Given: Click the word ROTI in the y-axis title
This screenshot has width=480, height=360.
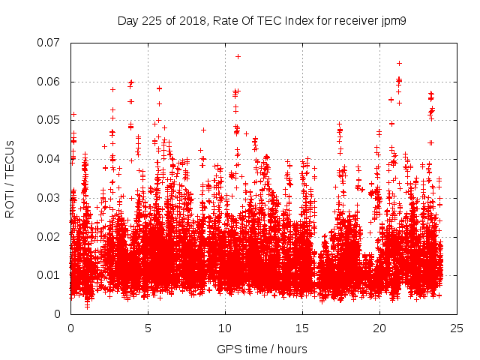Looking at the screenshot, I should [10, 203].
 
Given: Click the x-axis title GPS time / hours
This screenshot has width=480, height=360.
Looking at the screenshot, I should [262, 349].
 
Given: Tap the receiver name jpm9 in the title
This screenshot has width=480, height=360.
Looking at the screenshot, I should [394, 20].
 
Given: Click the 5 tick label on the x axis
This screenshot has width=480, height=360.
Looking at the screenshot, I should [148, 328].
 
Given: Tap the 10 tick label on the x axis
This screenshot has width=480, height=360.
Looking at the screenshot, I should [225, 328].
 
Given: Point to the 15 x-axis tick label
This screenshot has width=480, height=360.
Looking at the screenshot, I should [302, 328].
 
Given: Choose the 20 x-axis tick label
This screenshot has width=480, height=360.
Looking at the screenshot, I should [379, 328].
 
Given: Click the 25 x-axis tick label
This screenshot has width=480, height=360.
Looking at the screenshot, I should [457, 328].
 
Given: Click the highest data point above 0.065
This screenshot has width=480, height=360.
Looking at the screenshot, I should [238, 56].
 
